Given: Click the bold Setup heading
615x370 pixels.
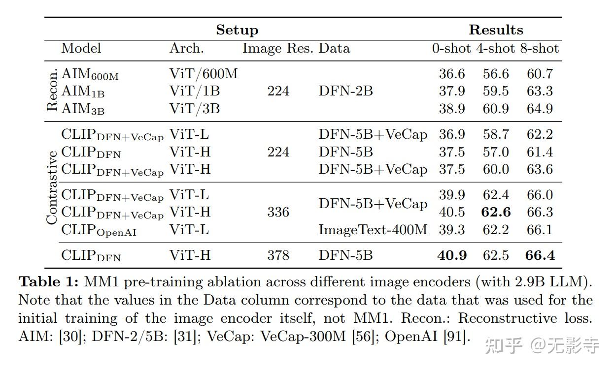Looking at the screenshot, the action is pos(237,30).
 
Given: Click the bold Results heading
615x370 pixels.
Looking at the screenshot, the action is pos(496,30).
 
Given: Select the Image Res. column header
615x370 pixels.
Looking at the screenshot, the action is pos(277,49).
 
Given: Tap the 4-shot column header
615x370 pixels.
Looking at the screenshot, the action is pos(496,48).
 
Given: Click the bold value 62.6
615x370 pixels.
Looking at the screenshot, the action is pos(496,212).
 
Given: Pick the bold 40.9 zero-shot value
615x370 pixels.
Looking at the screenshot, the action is pos(452,255).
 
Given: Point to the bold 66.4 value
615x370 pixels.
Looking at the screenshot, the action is pos(540,255).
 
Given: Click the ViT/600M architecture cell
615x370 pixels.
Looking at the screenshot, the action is pos(204,74).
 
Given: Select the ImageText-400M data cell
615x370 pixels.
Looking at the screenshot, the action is pos(373,230).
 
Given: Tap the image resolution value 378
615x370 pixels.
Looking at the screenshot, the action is pos(278,255).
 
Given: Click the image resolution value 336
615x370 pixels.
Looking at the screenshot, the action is pos(278,212).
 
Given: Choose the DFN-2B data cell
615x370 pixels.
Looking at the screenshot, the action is pos(345,91).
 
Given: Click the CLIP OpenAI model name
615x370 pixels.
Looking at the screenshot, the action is pos(99,230).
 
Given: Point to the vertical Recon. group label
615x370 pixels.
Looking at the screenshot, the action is pos(52,90).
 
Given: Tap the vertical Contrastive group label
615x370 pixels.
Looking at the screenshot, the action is pos(52,187).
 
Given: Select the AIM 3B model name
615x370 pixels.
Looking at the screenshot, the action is pos(83,109).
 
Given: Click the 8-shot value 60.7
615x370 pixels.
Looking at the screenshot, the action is pos(540,74).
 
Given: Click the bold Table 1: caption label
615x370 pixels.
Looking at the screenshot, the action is pos(49,282).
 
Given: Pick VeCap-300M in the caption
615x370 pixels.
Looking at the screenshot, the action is pos(303,336).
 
